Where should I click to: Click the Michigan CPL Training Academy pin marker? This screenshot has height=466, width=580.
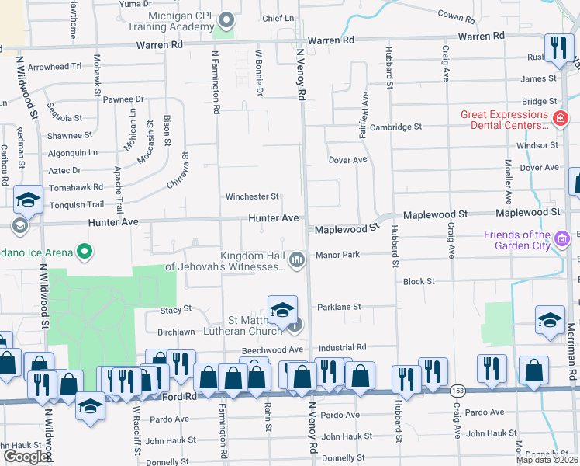point(226,19)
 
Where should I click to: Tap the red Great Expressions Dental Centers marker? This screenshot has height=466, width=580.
point(559,119)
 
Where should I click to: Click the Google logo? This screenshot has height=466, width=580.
point(27,456)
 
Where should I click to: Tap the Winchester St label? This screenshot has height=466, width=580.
point(252,197)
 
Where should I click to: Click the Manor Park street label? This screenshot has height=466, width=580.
point(337,255)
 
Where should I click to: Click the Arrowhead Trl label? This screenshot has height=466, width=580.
point(55,67)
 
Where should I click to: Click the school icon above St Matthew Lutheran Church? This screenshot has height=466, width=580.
point(283,310)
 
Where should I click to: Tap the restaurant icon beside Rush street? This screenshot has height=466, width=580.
point(558,48)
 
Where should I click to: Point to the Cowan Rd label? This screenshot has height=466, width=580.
point(461,14)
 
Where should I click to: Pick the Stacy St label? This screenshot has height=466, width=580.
point(175,309)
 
